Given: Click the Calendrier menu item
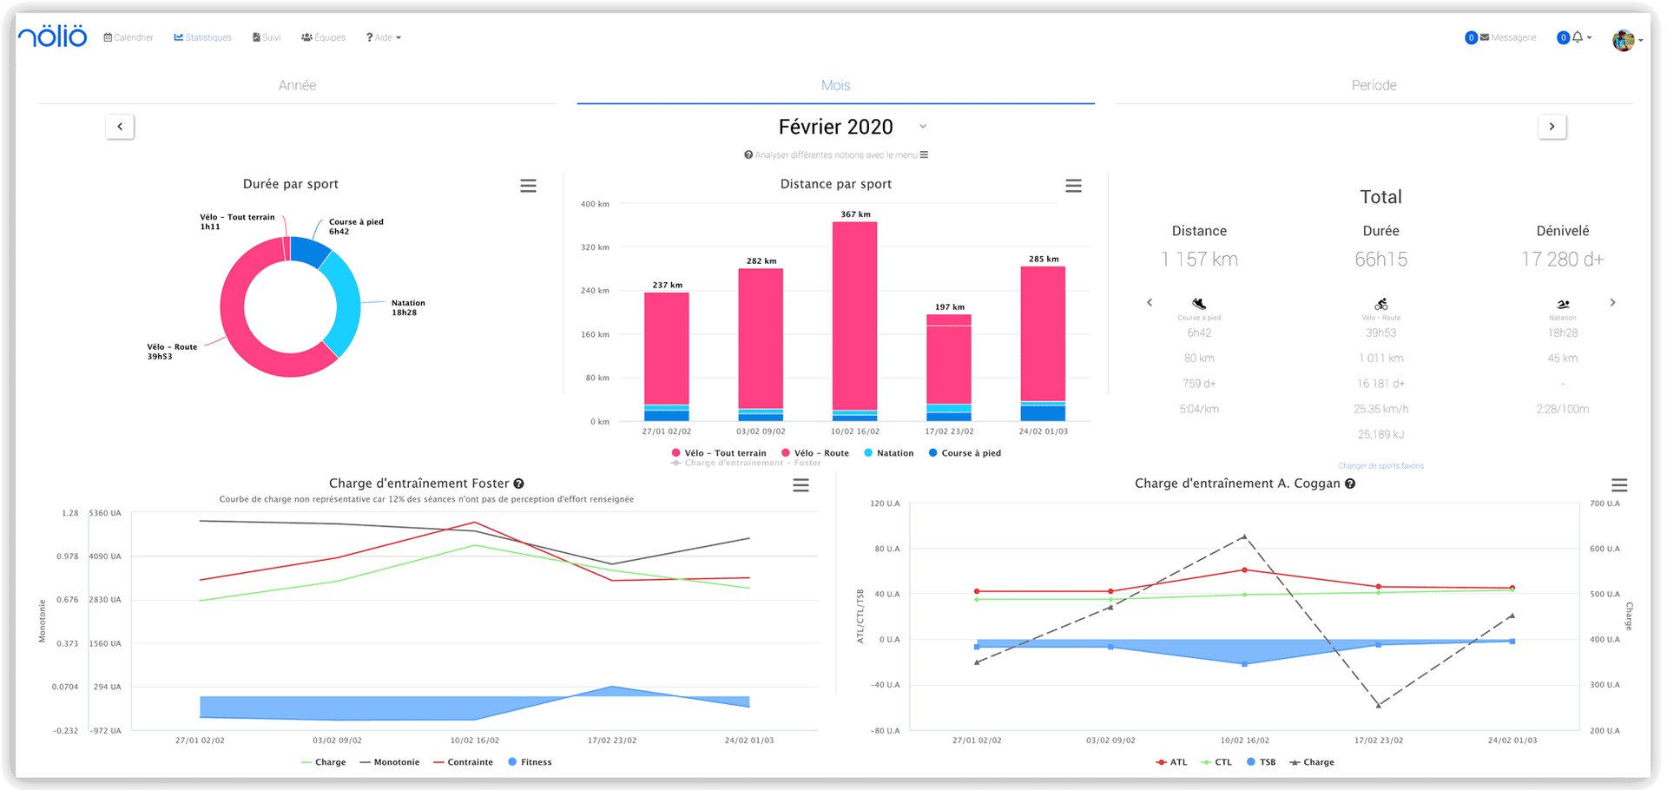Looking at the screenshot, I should (x=128, y=37).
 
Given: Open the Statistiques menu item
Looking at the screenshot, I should (x=202, y=37).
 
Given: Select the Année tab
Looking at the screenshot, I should (x=297, y=85).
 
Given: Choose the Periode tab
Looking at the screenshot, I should (x=1374, y=85).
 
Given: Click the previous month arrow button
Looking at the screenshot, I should (x=120, y=127).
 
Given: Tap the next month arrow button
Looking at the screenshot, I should (x=1552, y=127).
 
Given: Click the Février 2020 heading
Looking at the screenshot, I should (x=835, y=128).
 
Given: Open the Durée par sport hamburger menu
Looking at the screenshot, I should (x=528, y=186).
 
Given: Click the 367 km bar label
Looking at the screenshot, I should (x=855, y=214).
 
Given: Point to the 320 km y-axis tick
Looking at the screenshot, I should (x=595, y=247).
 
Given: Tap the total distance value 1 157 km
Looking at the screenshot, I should (x=1199, y=260).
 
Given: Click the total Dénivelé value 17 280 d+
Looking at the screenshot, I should (x=1562, y=260).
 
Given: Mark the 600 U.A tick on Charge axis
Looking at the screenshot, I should (x=1604, y=549).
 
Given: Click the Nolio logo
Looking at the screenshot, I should (x=53, y=36).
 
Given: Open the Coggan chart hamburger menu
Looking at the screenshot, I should (x=1619, y=485).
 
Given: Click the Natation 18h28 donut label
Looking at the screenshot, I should (x=407, y=308).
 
